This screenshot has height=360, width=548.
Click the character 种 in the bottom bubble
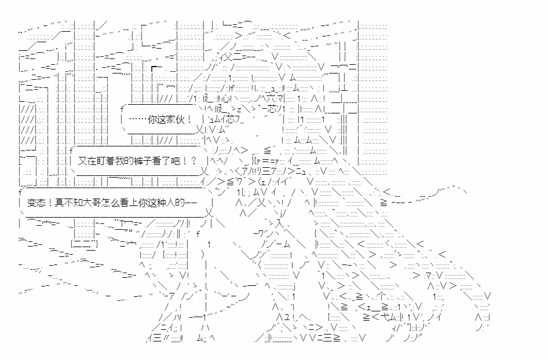(x=159, y=203)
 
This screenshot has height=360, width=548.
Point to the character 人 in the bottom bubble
(x=168, y=203)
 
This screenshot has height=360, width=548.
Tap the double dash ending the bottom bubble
(x=189, y=203)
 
